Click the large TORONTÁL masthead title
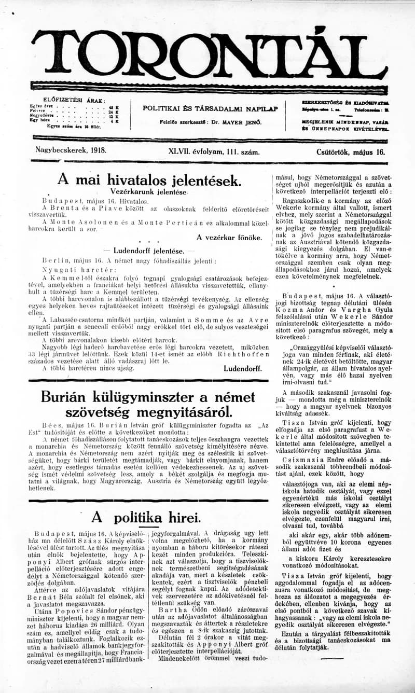click(x=208, y=54)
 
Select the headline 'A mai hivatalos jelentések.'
click(x=149, y=180)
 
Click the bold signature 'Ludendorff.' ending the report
click(x=242, y=368)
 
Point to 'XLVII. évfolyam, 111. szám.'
click(x=214, y=152)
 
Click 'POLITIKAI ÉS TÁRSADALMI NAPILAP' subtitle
click(x=211, y=108)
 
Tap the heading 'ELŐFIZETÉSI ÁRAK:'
click(x=74, y=100)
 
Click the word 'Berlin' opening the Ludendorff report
click(x=54, y=261)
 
